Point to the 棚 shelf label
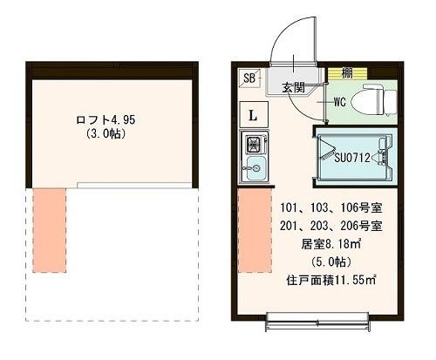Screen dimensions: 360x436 (347, 73)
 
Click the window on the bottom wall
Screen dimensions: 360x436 (317, 323)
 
